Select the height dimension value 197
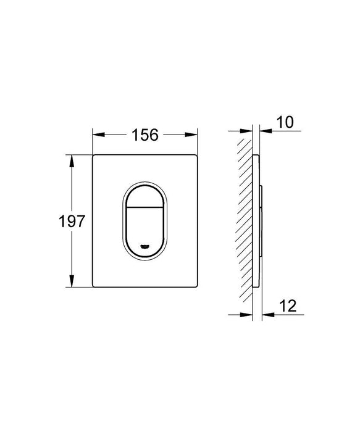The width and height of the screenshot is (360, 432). coord(72,222)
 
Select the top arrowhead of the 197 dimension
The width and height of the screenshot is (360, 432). coord(72,160)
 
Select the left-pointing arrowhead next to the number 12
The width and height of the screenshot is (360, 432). coord(266,314)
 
